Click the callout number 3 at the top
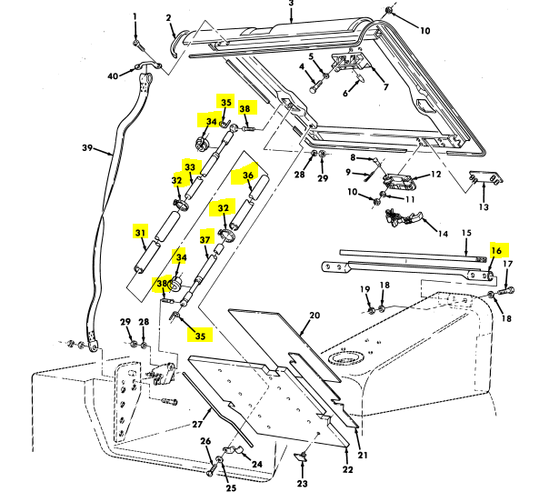[x=291, y=5]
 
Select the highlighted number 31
[x=140, y=233]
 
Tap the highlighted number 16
[x=496, y=249]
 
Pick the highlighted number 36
[x=248, y=176]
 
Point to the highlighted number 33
[x=190, y=167]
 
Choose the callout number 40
[x=113, y=76]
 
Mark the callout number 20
[x=314, y=316]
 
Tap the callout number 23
[x=303, y=484]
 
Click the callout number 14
[x=443, y=234]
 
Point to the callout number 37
[x=205, y=240]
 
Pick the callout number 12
[x=435, y=174]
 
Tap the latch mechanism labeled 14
[x=404, y=217]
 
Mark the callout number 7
[x=385, y=87]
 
